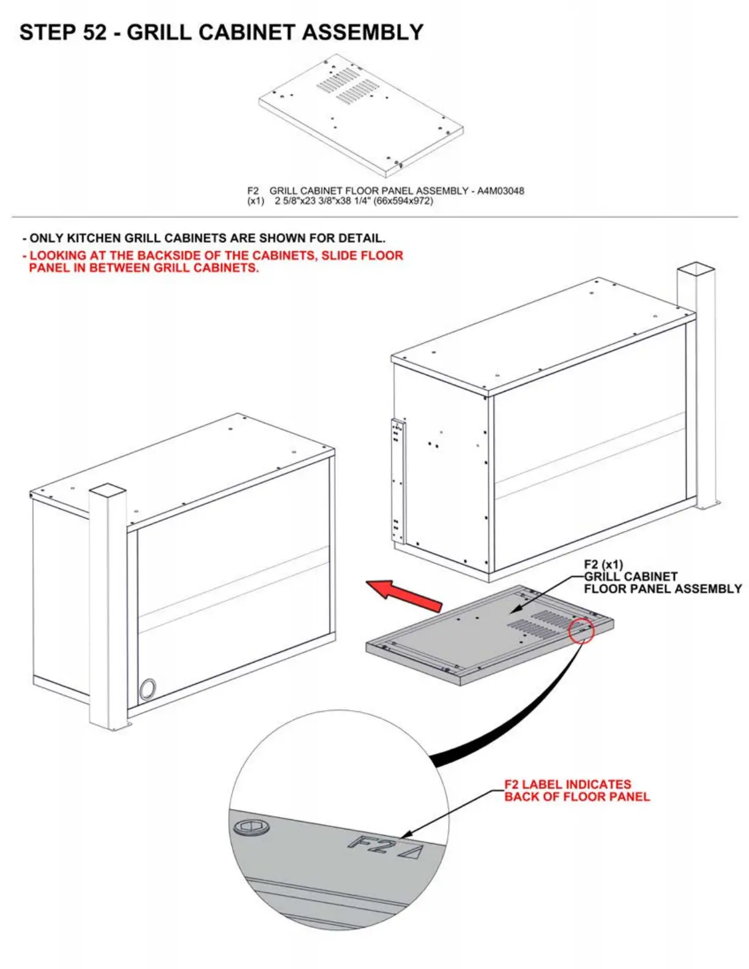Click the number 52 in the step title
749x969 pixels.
click(x=94, y=32)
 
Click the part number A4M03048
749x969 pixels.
click(x=500, y=191)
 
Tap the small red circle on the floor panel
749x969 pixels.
click(x=581, y=630)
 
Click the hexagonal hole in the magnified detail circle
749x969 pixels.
click(x=251, y=828)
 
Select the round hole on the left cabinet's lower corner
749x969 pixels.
click(x=147, y=689)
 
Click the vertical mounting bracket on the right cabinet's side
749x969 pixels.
click(x=398, y=480)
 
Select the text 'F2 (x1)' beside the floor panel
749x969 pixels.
click(x=603, y=565)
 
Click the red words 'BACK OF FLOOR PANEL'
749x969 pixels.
click(x=576, y=796)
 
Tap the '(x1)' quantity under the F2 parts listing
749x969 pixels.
click(x=256, y=201)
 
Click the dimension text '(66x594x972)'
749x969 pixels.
click(x=403, y=201)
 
